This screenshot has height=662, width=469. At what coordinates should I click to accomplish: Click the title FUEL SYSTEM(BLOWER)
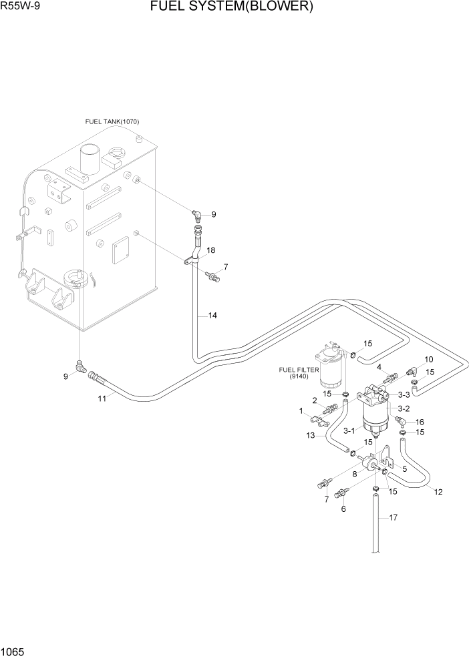[232, 7]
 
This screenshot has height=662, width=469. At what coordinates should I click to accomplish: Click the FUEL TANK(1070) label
[112, 121]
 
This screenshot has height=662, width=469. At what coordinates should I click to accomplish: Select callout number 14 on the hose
[212, 315]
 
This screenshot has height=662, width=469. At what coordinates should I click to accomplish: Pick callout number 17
[393, 517]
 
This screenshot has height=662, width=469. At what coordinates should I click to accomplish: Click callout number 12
[438, 492]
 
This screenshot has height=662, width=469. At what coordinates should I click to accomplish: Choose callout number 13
[311, 435]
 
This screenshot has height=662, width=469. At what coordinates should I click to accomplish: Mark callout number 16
[420, 422]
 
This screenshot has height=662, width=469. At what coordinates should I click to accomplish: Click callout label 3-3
[404, 395]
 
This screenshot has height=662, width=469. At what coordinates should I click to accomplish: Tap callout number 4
[378, 366]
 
